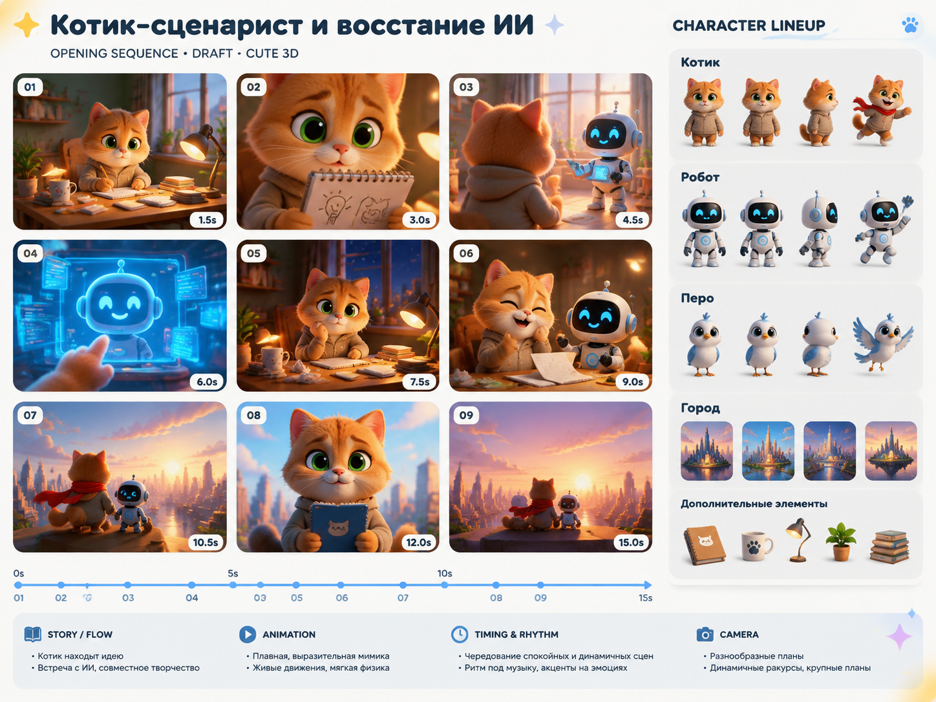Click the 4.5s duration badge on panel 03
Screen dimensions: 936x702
(x=632, y=220)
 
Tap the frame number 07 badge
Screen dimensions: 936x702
(x=30, y=415)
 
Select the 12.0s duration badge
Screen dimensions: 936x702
(x=418, y=542)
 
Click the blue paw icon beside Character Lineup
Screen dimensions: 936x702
(x=910, y=25)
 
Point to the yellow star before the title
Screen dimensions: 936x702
(x=27, y=25)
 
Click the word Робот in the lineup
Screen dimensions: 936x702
(x=700, y=177)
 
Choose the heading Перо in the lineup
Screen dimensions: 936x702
(x=697, y=298)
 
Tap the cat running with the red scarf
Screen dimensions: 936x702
(x=882, y=109)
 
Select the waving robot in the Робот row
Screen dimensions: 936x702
(x=882, y=228)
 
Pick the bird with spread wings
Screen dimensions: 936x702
(x=882, y=343)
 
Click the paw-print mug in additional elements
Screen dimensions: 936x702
(x=756, y=546)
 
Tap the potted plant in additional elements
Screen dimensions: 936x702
(x=840, y=542)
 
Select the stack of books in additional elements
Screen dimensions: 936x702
(x=889, y=547)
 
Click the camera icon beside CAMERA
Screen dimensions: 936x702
(x=705, y=634)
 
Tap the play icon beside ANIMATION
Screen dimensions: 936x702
(x=248, y=634)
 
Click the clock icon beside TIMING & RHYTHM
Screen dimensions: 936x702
(x=459, y=634)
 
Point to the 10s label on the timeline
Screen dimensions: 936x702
(x=444, y=573)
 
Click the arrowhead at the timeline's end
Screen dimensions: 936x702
(x=647, y=585)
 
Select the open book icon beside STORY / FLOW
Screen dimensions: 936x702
(x=33, y=634)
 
